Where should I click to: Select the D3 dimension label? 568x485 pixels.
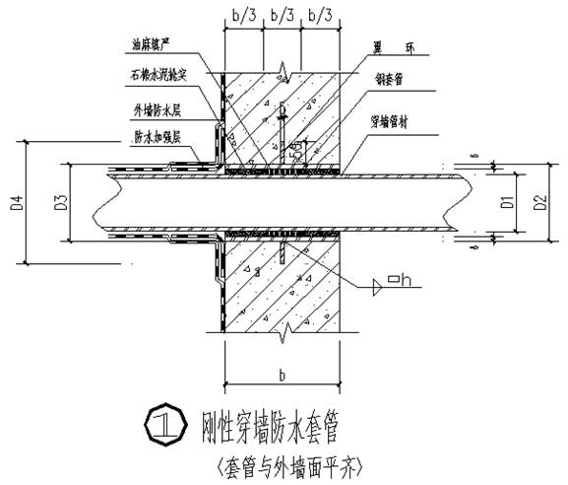(60, 204)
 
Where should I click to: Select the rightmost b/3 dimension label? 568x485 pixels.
(320, 15)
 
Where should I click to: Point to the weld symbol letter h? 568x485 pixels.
(405, 287)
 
